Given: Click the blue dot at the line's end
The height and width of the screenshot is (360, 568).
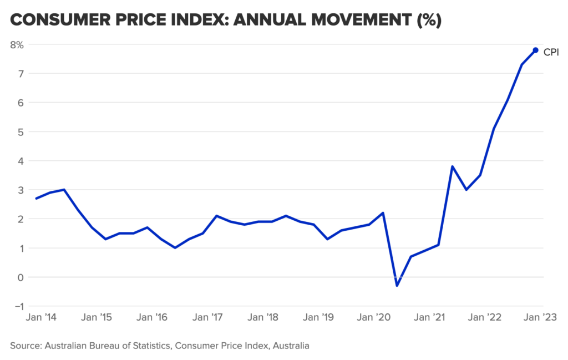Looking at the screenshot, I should (x=535, y=50).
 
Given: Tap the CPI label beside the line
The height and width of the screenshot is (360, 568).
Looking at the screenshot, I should (x=551, y=53).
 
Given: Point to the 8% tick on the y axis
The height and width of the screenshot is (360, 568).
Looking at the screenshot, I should (x=17, y=44).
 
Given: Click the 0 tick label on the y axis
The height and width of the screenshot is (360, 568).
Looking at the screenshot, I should (x=21, y=277).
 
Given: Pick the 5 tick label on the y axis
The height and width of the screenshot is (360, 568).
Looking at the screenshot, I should (x=21, y=131).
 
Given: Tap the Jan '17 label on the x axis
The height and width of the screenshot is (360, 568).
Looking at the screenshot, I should (x=207, y=318).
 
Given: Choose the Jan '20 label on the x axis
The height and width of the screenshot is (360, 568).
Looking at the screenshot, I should (x=374, y=318).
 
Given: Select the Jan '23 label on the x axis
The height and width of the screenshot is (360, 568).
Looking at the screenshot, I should (x=541, y=318).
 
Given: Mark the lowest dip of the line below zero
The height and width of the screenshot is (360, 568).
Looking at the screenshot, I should (x=397, y=286).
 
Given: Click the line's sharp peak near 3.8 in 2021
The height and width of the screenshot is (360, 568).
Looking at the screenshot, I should (x=453, y=166).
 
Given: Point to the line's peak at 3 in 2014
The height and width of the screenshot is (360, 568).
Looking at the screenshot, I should (x=64, y=190).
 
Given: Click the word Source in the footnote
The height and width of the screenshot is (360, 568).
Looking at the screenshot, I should (x=26, y=346).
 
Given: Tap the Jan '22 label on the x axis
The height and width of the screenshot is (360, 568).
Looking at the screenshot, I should (x=486, y=318).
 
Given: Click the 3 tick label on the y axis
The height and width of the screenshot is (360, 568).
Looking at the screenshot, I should (x=21, y=190).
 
